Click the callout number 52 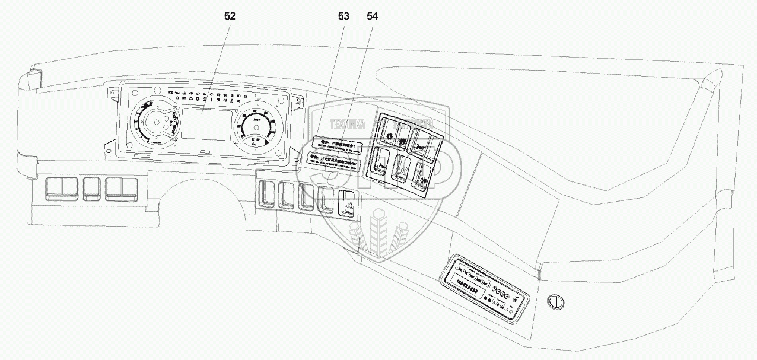pos(230,17)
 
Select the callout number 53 pos(343,17)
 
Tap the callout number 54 pos(372,17)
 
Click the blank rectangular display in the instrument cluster pos(206,125)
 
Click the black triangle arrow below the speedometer pos(269,143)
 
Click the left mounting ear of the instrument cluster pos(112,91)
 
